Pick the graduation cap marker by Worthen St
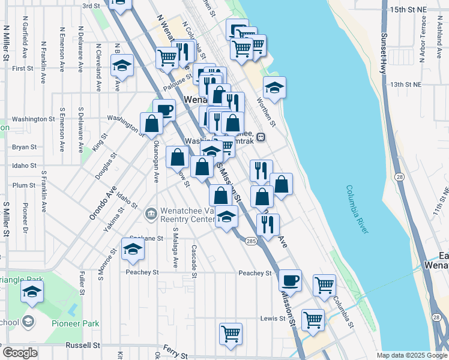coord(274,88)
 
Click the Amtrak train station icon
coord(261,137)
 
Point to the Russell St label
coord(83,346)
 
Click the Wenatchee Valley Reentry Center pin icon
coord(151,212)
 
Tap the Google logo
coord(20,353)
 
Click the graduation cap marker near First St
coord(122,66)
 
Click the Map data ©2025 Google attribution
coord(412,355)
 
